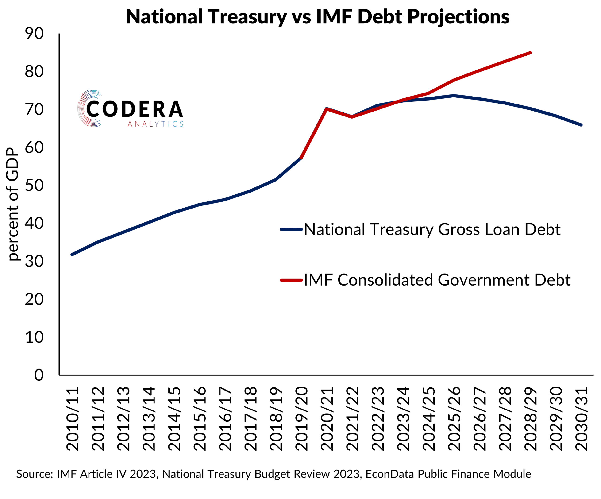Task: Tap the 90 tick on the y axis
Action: pyautogui.click(x=34, y=34)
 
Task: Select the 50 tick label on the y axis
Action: pyautogui.click(x=34, y=185)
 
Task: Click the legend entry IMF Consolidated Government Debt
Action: pyautogui.click(x=437, y=280)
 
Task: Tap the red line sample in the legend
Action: pyautogui.click(x=291, y=280)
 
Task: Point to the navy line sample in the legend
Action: pyautogui.click(x=291, y=229)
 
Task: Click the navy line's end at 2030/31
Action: pyautogui.click(x=581, y=125)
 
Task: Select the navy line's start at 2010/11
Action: pyautogui.click(x=72, y=255)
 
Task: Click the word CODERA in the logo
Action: pyautogui.click(x=134, y=109)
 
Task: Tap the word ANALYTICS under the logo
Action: pyautogui.click(x=155, y=124)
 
